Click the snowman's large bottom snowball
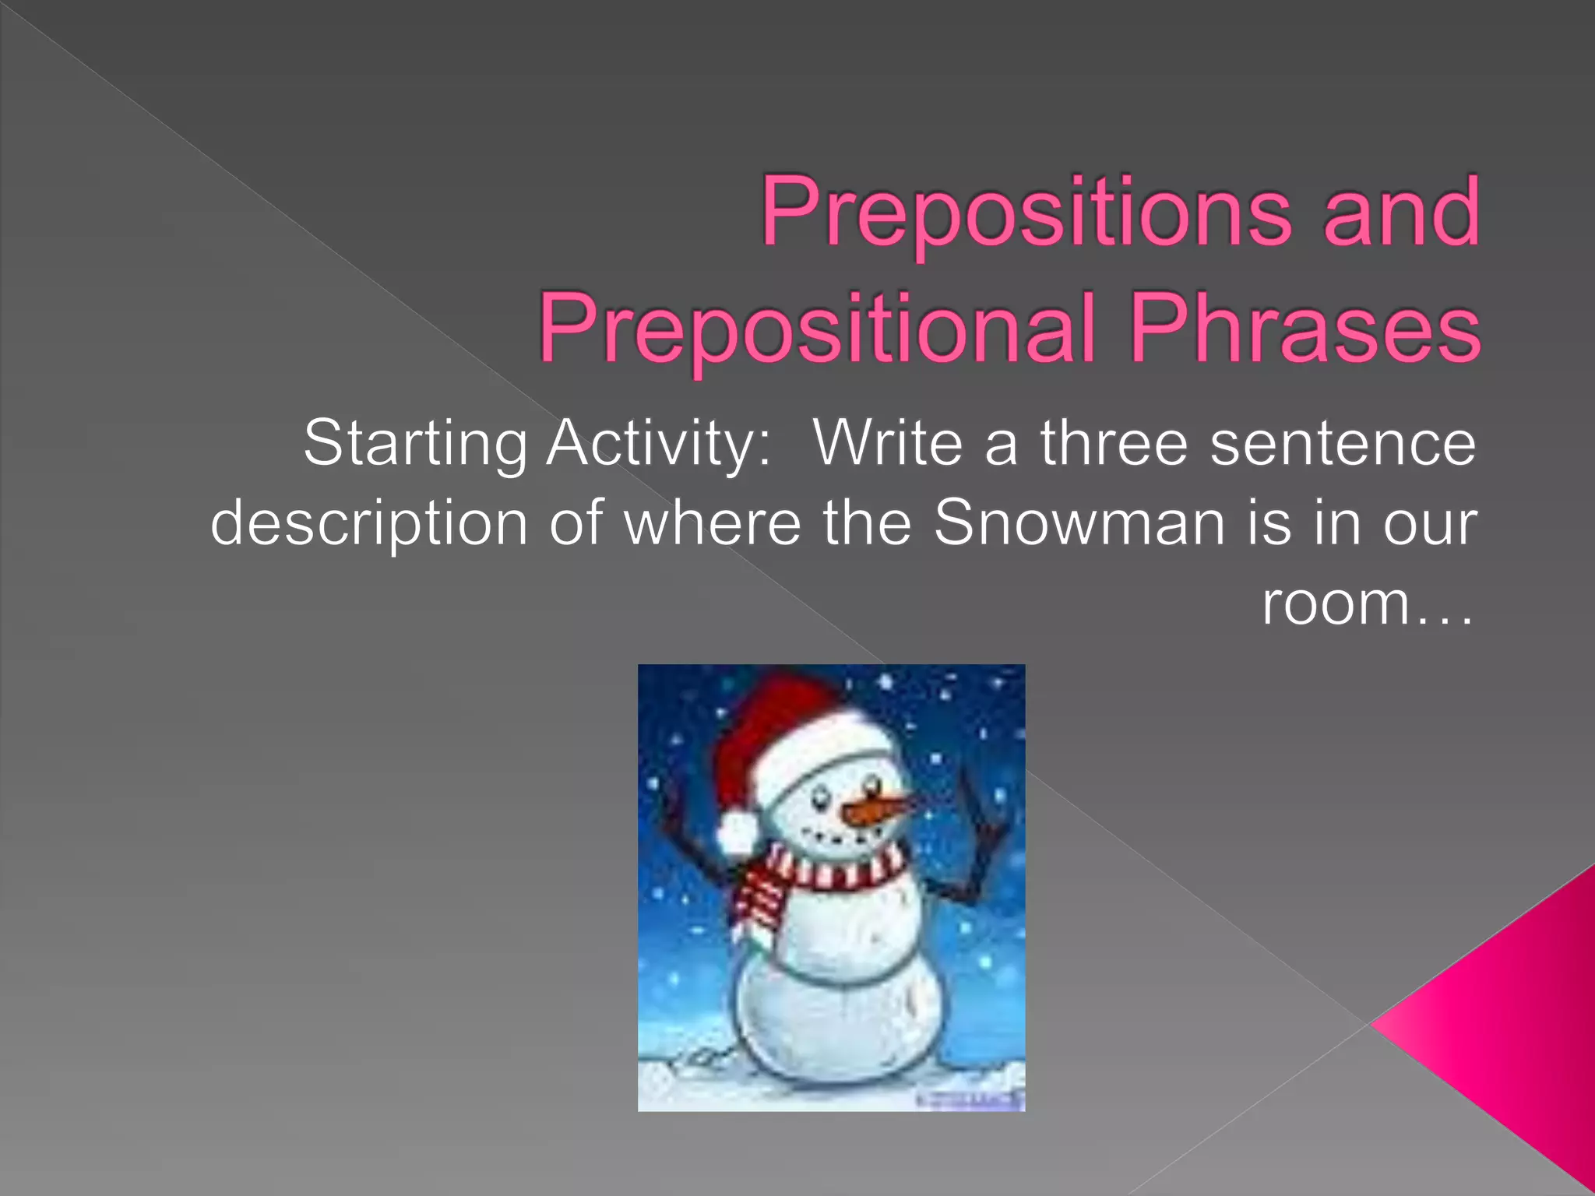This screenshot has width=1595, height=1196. (837, 1020)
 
